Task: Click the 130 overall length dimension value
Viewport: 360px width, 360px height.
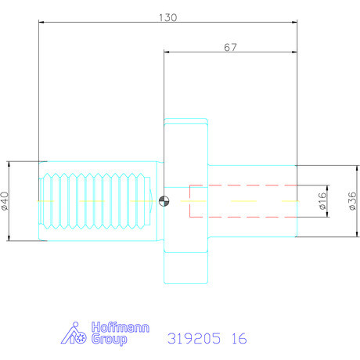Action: [167, 16]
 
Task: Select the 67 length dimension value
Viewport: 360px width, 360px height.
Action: [230, 47]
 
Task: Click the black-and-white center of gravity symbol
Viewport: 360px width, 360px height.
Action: [163, 200]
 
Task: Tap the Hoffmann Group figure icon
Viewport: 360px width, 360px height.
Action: [74, 334]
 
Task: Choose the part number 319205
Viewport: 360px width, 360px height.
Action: [194, 339]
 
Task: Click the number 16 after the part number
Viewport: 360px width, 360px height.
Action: [239, 339]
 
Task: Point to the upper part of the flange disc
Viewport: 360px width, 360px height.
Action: [185, 141]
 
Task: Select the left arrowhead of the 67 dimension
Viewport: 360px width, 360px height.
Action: [166, 52]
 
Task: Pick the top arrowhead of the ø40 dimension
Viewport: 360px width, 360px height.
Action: [9, 162]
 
